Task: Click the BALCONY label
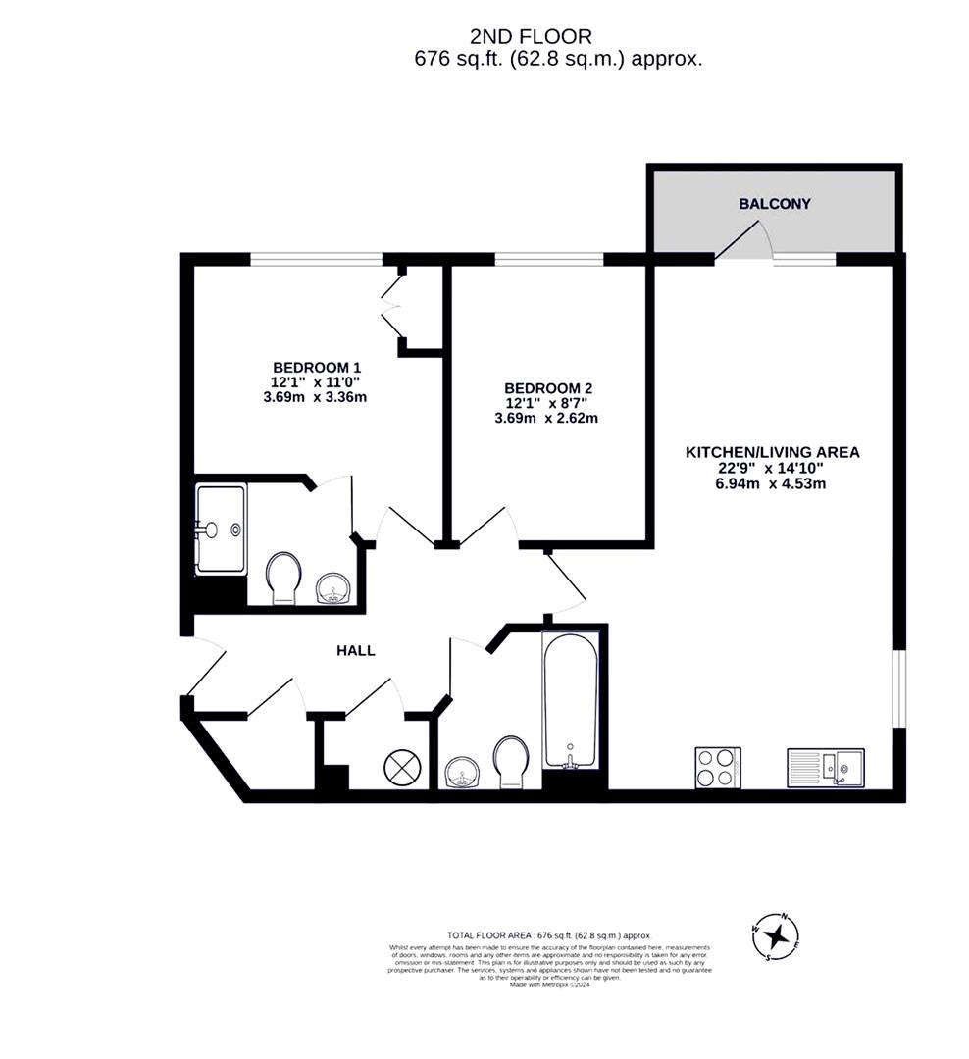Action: click(x=775, y=204)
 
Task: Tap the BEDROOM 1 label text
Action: click(x=309, y=364)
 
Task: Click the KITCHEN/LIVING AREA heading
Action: click(x=772, y=452)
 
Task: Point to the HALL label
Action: click(x=356, y=650)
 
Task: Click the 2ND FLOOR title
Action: click(x=531, y=37)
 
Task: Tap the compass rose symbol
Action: click(x=776, y=933)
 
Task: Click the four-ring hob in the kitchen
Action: click(x=718, y=767)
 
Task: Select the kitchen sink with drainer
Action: click(x=825, y=767)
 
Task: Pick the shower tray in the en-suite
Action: click(x=221, y=529)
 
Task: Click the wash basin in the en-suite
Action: click(x=333, y=589)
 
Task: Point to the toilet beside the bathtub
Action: click(x=510, y=762)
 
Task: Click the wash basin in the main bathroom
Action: click(x=461, y=773)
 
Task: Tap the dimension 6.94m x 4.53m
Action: click(x=772, y=482)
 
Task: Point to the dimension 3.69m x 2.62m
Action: click(x=546, y=418)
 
